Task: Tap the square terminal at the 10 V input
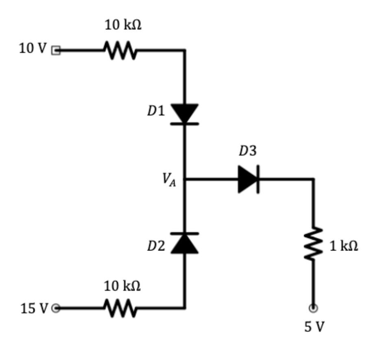coord(56,50)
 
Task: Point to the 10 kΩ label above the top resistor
coord(124,25)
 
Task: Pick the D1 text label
coord(156,111)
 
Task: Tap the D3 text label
coord(247,151)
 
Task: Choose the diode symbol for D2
coord(185,243)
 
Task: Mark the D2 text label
coord(156,246)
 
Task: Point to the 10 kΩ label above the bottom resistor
coord(122,286)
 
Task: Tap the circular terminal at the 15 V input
coord(56,308)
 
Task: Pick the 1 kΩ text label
coord(344,246)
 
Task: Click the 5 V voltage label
coord(314,327)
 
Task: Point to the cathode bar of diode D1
coord(185,123)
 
